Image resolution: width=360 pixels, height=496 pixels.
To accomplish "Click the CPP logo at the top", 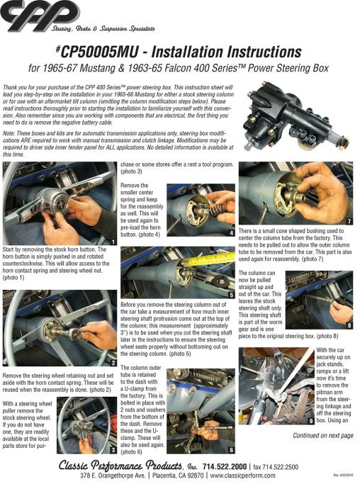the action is [x=40, y=16].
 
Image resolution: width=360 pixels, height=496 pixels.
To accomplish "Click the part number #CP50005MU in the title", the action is [x=97, y=52].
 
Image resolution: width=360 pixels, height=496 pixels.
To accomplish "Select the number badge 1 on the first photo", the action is [x=113, y=242].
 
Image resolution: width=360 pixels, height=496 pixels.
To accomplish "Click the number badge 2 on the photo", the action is [x=113, y=363].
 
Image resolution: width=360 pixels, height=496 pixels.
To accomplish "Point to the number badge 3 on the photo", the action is [x=113, y=450].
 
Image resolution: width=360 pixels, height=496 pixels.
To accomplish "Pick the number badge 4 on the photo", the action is [x=232, y=233].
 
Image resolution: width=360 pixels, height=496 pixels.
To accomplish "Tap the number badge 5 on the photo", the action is [x=232, y=295].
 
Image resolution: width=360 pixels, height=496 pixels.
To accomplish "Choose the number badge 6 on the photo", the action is [x=231, y=450].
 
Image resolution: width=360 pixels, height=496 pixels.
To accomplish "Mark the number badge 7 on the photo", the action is [x=349, y=221].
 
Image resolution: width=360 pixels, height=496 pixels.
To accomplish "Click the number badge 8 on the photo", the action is [x=349, y=325].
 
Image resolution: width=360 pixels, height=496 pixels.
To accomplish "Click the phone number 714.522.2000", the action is [x=224, y=466].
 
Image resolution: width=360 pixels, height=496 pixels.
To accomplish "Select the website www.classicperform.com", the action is [x=242, y=475].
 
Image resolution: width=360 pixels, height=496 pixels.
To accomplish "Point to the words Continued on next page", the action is [x=323, y=436].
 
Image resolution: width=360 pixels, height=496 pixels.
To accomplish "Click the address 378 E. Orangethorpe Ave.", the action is [x=113, y=475].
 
